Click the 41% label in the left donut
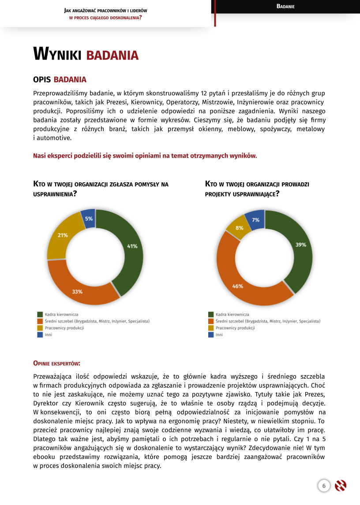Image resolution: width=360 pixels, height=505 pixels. (x=132, y=246)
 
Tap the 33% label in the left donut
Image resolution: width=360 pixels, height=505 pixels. (x=77, y=292)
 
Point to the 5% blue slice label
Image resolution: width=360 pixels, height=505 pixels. (x=89, y=219)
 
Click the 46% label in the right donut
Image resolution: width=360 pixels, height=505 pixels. (x=238, y=286)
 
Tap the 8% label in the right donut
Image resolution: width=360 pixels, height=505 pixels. (x=240, y=228)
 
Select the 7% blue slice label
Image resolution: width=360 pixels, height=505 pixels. (x=255, y=220)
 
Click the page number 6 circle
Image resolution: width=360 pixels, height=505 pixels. (x=324, y=486)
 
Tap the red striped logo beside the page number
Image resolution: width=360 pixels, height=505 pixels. (x=341, y=486)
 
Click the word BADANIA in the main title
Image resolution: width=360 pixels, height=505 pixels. (x=112, y=55)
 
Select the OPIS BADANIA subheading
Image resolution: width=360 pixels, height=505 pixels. (x=60, y=79)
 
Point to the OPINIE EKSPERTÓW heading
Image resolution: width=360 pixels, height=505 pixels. (x=56, y=363)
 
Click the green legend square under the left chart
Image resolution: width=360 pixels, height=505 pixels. (x=40, y=314)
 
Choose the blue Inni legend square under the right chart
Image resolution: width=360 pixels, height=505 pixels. (x=210, y=335)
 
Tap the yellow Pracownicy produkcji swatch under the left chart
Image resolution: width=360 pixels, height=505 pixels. (x=40, y=328)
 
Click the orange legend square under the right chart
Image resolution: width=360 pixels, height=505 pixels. (x=210, y=321)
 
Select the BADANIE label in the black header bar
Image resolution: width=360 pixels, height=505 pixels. (x=285, y=6)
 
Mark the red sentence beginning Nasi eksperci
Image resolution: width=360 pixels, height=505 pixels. (x=145, y=156)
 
